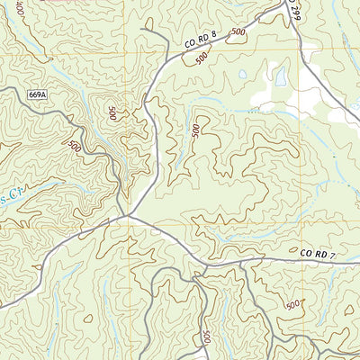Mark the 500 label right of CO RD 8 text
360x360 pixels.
coord(237,33)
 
